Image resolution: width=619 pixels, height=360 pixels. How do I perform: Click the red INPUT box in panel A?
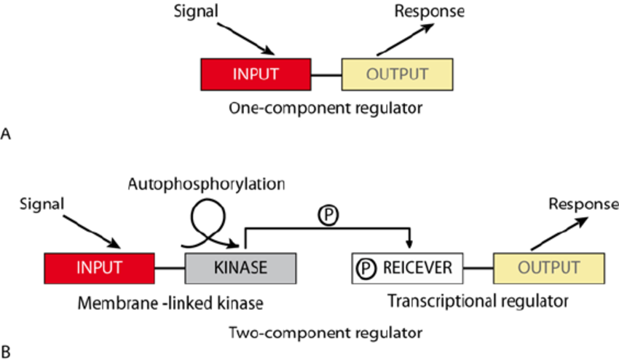[256, 74]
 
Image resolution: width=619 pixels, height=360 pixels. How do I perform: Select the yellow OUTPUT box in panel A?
[397, 74]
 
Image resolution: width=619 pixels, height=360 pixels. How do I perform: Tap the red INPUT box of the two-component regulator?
[99, 267]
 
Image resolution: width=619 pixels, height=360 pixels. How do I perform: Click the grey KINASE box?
[240, 267]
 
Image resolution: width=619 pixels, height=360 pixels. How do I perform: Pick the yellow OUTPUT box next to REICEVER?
[548, 267]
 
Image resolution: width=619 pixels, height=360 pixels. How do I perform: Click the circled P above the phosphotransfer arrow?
[328, 217]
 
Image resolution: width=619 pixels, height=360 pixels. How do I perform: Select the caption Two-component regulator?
[326, 333]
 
